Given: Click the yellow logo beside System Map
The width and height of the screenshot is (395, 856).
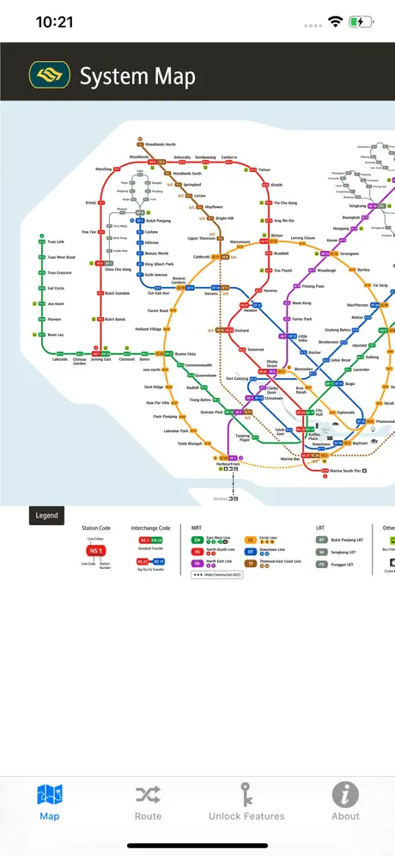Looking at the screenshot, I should tap(49, 76).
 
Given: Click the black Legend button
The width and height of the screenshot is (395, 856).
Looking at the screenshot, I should tap(46, 516).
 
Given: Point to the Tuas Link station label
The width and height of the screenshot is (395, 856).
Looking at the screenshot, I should tap(56, 242).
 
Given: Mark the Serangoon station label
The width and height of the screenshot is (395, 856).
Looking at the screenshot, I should tap(349, 254).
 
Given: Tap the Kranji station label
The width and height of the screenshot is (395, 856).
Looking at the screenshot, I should tap(90, 203).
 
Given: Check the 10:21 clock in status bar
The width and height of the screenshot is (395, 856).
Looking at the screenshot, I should tap(53, 22).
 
